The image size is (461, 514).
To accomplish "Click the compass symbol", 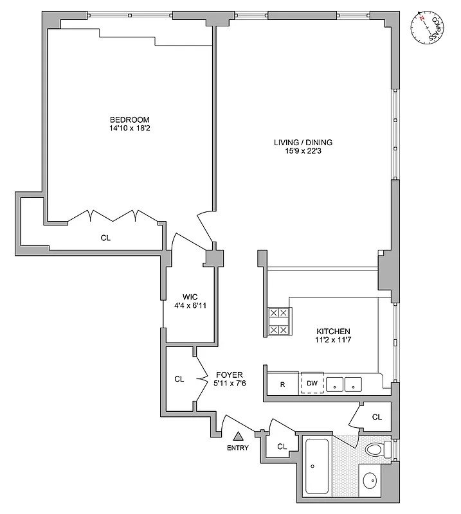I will pyautogui.click(x=427, y=28).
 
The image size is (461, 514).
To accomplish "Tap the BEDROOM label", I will pyautogui.click(x=129, y=120).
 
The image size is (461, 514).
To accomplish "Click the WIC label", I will pyautogui.click(x=190, y=297).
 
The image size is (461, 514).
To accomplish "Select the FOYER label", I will pyautogui.click(x=229, y=374).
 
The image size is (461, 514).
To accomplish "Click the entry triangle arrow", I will pyautogui.click(x=237, y=436).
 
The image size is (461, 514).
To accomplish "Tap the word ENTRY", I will pyautogui.click(x=237, y=448).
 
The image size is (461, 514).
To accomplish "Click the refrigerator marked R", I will pyautogui.click(x=282, y=384).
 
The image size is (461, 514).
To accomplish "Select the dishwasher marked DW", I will pyautogui.click(x=312, y=384).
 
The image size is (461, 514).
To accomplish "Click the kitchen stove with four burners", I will pyautogui.click(x=280, y=321).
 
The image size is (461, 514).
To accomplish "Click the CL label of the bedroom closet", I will pyautogui.click(x=105, y=238).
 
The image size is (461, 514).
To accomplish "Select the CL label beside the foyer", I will pyautogui.click(x=179, y=379).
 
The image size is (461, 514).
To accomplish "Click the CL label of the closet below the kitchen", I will pyautogui.click(x=377, y=417).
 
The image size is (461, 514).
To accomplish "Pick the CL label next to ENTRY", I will pyautogui.click(x=282, y=446).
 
